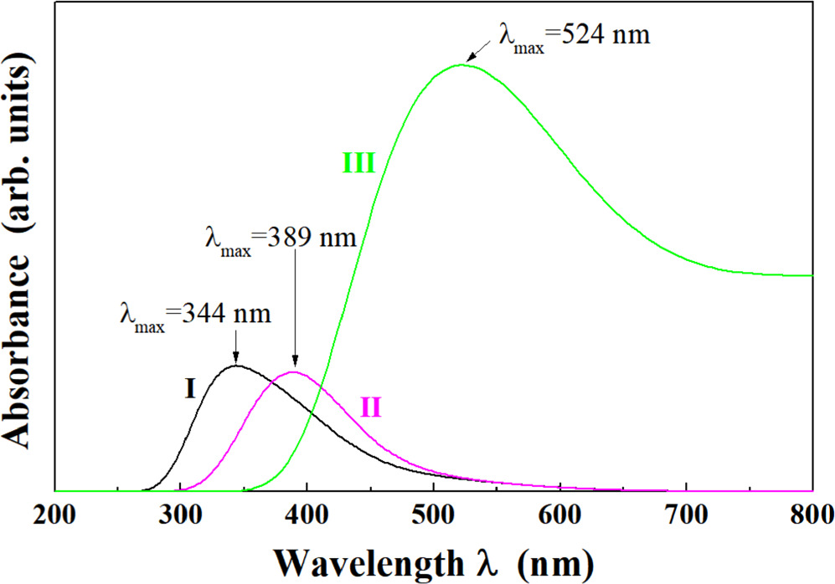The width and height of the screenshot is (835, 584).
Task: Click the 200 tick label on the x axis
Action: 55,514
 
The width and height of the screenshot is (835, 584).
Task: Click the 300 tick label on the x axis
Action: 181,514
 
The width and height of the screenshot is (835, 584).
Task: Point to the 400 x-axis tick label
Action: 307,514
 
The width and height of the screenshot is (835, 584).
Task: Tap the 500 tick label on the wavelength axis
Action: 433,514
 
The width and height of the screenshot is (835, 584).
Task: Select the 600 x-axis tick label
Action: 559,514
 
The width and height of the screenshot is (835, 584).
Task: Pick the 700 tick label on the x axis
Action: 686,514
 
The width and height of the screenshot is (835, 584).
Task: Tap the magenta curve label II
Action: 371,407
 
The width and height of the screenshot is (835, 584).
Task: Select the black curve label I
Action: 190,389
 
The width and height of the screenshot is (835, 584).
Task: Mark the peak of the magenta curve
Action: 294,372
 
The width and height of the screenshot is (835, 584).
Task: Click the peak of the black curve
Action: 236,366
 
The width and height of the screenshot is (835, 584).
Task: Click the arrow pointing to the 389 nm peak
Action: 295,310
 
